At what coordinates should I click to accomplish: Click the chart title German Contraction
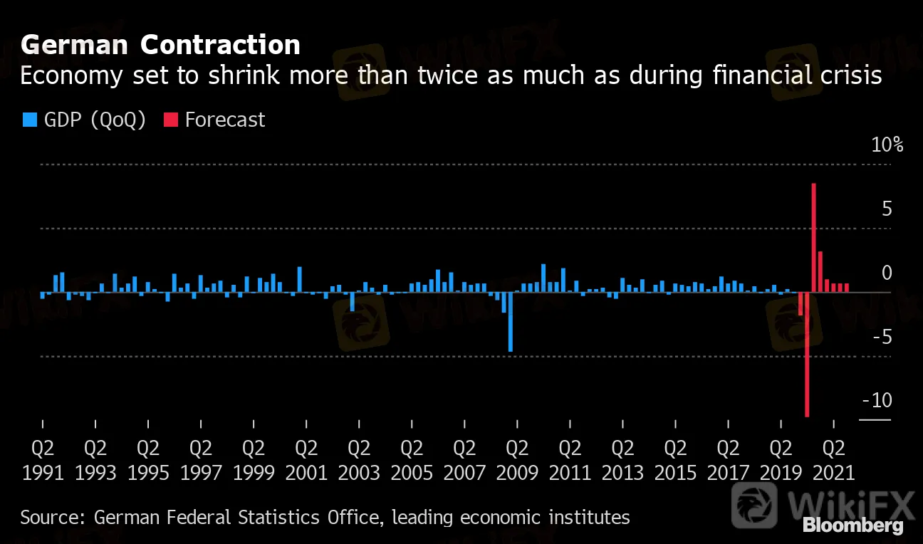click(x=160, y=46)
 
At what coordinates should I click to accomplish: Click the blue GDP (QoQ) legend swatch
click(x=29, y=120)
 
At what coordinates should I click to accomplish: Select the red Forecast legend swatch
click(x=170, y=120)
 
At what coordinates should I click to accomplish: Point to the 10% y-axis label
click(x=887, y=145)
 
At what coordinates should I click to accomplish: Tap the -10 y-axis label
click(x=877, y=401)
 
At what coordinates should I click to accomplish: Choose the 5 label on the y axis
click(x=887, y=209)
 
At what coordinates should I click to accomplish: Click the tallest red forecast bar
click(x=813, y=238)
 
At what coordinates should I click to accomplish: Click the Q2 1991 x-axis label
click(x=43, y=460)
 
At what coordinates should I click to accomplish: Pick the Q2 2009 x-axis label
click(x=517, y=460)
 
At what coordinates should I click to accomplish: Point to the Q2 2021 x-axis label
click(x=834, y=460)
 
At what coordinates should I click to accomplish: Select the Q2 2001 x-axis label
click(x=306, y=460)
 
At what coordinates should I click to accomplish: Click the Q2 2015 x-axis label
click(x=675, y=460)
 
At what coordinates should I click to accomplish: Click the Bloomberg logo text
click(x=852, y=526)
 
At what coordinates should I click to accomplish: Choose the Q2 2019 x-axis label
click(x=781, y=460)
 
